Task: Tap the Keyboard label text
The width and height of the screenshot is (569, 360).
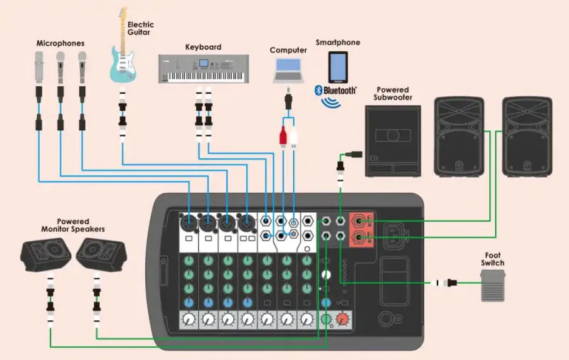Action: [203, 47]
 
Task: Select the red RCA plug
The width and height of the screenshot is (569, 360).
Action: [282, 134]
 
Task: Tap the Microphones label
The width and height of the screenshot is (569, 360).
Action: [60, 43]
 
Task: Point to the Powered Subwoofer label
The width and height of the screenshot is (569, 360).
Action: [392, 94]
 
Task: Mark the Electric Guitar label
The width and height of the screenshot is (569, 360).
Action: [140, 29]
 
